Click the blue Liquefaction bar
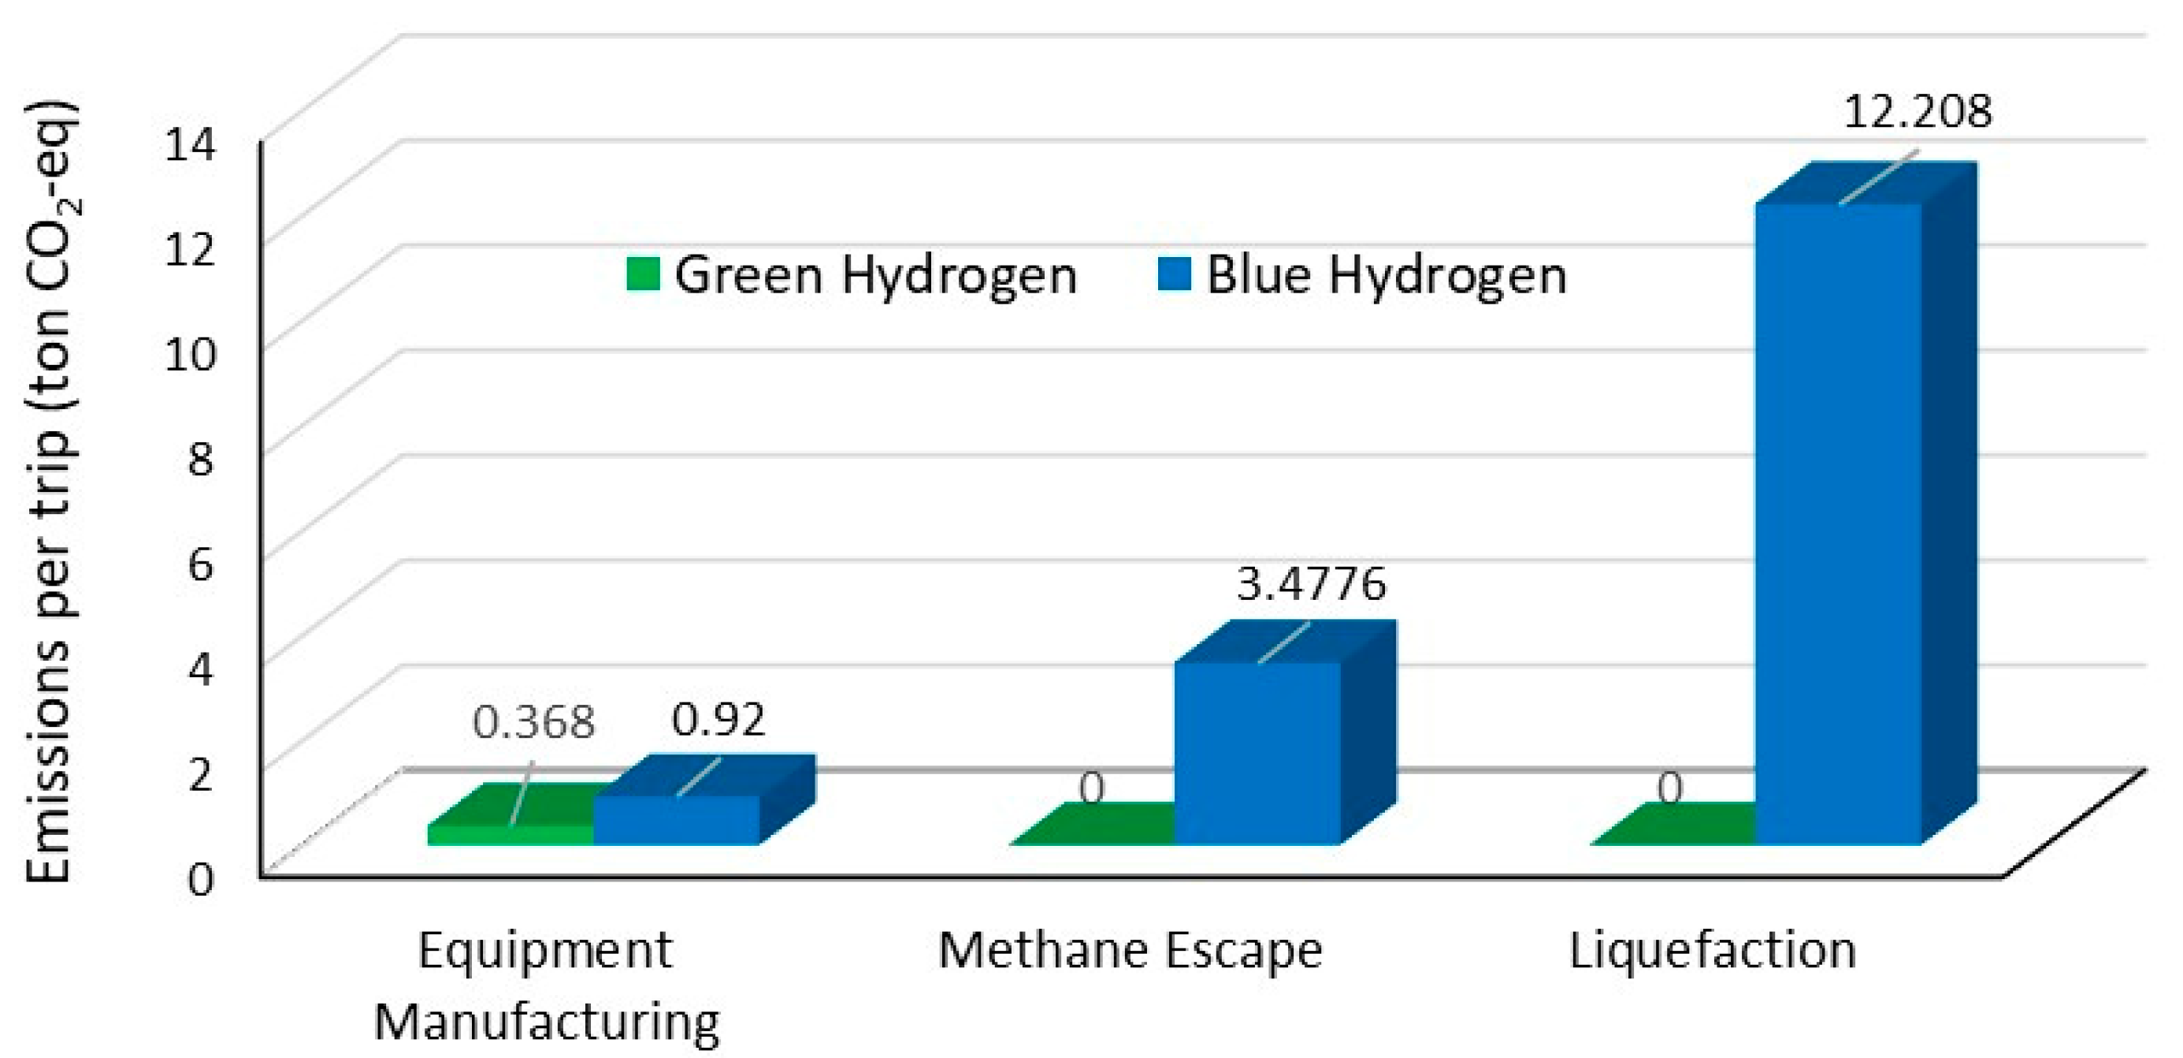click(1836, 526)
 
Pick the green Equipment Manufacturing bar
click(510, 833)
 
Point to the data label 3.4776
click(1311, 584)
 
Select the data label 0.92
click(718, 721)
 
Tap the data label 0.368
click(534, 722)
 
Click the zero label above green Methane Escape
click(1092, 789)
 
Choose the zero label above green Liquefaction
click(1670, 789)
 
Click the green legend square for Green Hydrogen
click(643, 274)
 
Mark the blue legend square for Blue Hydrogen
click(1175, 274)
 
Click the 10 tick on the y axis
click(191, 354)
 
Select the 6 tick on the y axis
click(200, 564)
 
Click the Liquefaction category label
click(1713, 952)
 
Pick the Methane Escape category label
click(1130, 952)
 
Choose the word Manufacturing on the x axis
click(548, 1023)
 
